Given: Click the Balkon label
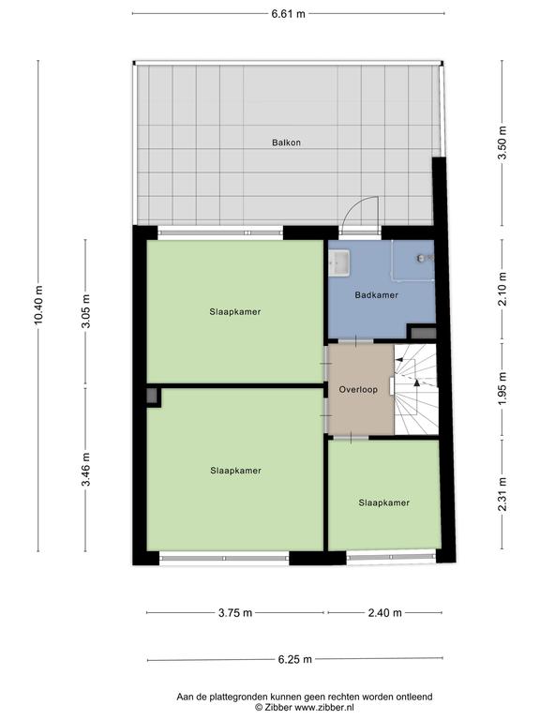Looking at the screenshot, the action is point(286,142).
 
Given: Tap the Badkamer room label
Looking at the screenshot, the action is point(377,295).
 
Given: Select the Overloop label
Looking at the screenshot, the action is point(358,389).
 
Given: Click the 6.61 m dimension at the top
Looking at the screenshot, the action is point(289,13).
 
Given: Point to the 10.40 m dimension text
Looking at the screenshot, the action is point(38,305).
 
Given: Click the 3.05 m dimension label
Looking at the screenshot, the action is point(85,311).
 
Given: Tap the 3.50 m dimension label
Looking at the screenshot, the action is point(502,142).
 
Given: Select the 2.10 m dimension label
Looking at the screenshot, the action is point(502,289).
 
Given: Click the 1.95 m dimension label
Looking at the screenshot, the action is point(502,388).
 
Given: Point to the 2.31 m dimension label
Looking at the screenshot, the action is point(502,494).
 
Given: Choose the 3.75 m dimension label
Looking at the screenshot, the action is point(235,612).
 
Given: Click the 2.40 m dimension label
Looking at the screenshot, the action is point(384,612).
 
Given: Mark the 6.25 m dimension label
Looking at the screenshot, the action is point(294,659).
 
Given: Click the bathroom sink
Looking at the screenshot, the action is point(339,263).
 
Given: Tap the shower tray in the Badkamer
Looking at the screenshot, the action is point(412,260).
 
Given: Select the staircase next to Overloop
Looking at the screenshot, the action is point(415,389).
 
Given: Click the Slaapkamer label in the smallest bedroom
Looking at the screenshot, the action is point(383,502).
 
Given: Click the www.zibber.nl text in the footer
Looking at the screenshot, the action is point(324,708).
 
